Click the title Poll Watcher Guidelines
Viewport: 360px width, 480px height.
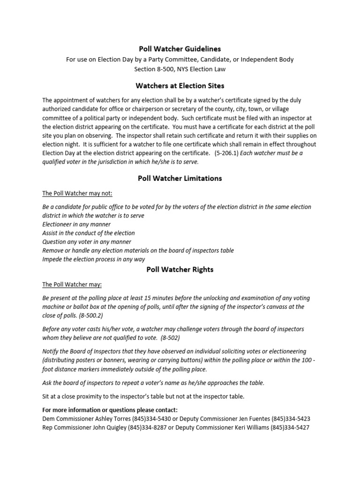point(180,49)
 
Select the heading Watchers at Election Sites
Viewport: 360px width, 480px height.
point(180,86)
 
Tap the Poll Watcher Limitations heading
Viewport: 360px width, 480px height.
point(180,178)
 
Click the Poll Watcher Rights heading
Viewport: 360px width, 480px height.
point(180,270)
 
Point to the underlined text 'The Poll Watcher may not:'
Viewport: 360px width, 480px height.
point(77,194)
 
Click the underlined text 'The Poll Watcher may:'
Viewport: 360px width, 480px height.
point(72,285)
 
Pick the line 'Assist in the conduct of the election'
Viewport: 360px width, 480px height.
point(89,233)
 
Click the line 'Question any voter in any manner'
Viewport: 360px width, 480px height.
point(87,242)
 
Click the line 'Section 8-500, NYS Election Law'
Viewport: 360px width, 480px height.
point(180,68)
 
